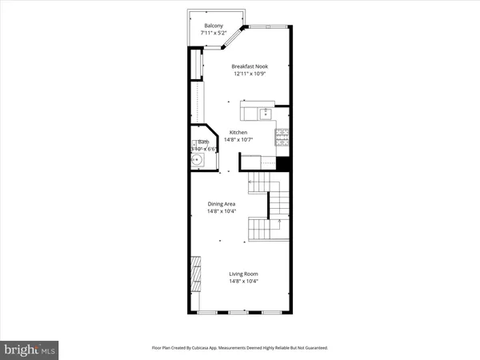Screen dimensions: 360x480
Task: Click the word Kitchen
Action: tap(238, 133)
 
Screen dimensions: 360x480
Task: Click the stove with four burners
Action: tap(282, 137)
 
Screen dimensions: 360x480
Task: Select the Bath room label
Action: tap(203, 142)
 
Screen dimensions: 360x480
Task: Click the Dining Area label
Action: tap(221, 204)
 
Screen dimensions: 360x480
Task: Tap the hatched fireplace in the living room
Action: tap(194, 273)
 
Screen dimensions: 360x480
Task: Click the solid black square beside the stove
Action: tap(282, 163)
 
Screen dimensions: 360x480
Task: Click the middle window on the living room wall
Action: tap(240, 312)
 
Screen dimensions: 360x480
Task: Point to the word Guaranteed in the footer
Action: tap(314, 348)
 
